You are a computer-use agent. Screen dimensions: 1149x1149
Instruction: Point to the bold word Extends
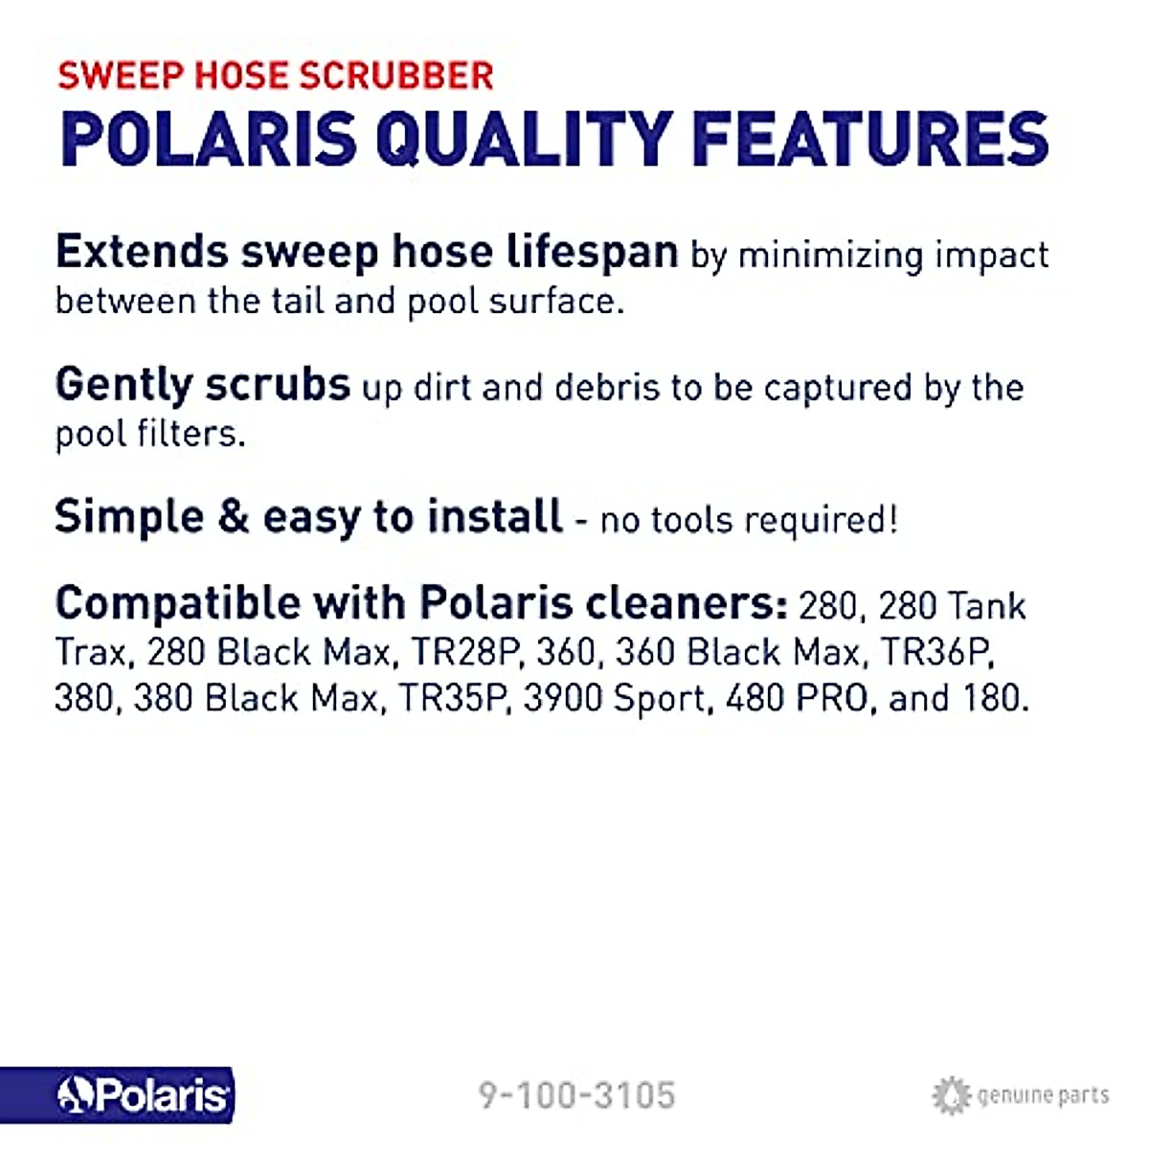coord(142,253)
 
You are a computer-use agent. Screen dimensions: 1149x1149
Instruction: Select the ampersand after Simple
coord(234,518)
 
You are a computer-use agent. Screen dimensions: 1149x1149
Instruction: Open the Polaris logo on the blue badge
coord(144,1095)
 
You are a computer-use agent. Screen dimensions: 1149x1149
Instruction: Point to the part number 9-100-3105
coord(576,1095)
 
